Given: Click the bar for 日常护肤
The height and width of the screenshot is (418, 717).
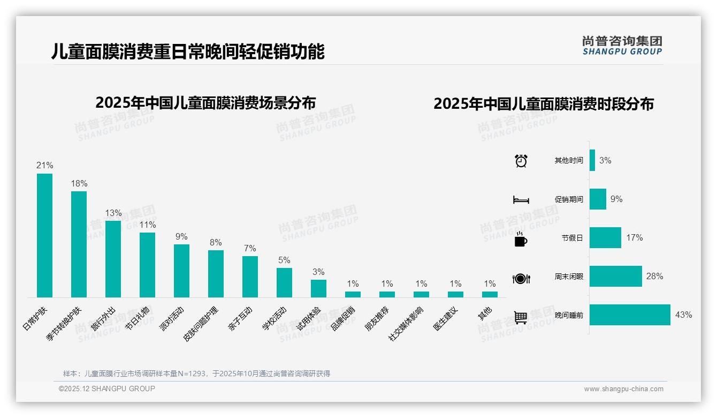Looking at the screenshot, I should click(x=44, y=235).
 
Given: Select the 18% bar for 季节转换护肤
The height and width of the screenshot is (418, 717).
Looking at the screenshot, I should click(x=79, y=244).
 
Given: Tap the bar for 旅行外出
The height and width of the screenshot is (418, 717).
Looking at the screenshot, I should click(x=113, y=259).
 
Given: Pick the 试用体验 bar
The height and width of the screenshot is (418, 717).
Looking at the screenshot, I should click(x=318, y=288).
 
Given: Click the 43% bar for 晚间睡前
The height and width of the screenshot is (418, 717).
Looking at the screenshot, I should click(x=630, y=315).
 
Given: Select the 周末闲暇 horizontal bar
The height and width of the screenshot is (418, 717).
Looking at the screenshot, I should click(x=615, y=277).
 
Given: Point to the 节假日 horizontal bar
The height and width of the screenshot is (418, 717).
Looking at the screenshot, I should click(x=605, y=238).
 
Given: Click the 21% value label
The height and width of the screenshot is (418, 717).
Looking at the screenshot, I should click(x=44, y=166).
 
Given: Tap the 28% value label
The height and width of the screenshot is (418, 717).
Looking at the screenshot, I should click(x=654, y=277).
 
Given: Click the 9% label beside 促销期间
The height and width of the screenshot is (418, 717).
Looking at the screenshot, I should click(x=616, y=199).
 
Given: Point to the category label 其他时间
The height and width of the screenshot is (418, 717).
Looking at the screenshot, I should click(x=568, y=161).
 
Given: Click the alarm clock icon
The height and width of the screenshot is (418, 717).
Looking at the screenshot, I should click(x=521, y=161).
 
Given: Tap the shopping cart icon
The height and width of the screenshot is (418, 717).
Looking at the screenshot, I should click(x=521, y=317).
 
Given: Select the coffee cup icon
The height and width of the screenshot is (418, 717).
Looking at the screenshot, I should click(x=521, y=239).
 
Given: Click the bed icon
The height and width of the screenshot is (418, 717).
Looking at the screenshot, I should click(x=521, y=200).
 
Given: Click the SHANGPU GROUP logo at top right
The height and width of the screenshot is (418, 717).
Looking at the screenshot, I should click(x=622, y=46).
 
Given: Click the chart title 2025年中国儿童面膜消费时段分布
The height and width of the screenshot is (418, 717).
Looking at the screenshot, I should click(x=544, y=104).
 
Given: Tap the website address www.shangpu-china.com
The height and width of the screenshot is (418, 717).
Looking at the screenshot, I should click(x=623, y=389).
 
